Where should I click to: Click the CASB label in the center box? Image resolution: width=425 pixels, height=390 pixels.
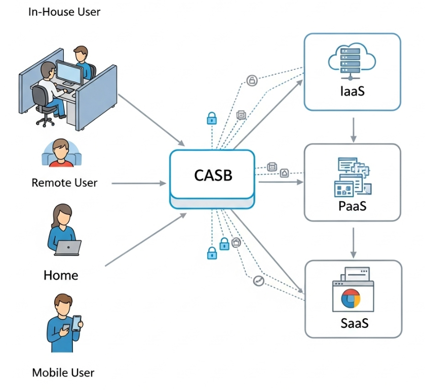pos(213,175)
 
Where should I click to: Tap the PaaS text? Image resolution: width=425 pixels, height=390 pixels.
pos(352,206)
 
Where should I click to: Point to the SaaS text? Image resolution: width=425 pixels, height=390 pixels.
pos(354,323)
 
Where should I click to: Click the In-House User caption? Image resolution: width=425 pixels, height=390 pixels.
pos(64,12)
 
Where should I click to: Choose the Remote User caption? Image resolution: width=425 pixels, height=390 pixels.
pos(64,183)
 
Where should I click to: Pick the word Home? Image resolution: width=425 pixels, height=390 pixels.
pos(61,275)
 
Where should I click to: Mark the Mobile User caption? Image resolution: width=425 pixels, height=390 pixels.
pos(63,373)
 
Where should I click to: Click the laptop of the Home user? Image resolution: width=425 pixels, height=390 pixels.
pos(68,247)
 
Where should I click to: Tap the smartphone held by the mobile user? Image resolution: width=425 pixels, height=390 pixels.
pos(76,323)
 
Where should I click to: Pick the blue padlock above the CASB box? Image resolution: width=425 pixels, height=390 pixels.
pos(211,119)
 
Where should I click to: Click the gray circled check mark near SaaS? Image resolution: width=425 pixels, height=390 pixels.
pos(259,281)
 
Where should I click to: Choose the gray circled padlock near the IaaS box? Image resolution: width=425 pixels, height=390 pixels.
pos(251,80)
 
